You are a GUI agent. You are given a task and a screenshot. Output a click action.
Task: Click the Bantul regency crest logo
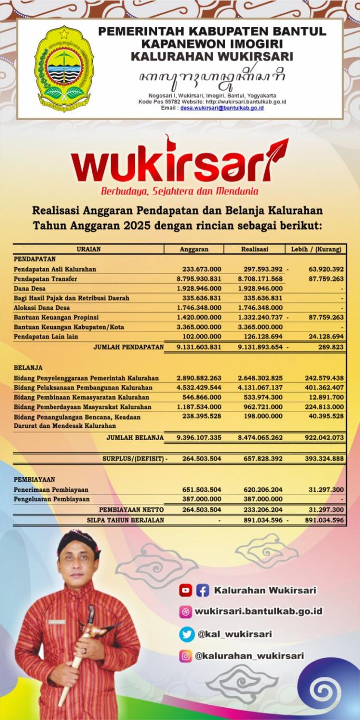[62, 69]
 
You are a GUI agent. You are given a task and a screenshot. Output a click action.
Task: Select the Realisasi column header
[255, 249]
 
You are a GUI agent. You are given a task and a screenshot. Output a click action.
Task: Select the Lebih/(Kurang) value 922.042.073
[324, 437]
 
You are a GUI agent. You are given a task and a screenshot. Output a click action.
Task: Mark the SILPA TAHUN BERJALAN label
[125, 520]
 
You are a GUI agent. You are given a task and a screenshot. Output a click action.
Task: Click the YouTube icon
[185, 590]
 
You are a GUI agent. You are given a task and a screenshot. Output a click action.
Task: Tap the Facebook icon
[202, 590]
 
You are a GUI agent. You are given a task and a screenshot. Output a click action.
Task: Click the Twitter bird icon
[186, 634]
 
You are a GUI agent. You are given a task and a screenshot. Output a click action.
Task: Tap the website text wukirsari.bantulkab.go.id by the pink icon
[258, 611]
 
